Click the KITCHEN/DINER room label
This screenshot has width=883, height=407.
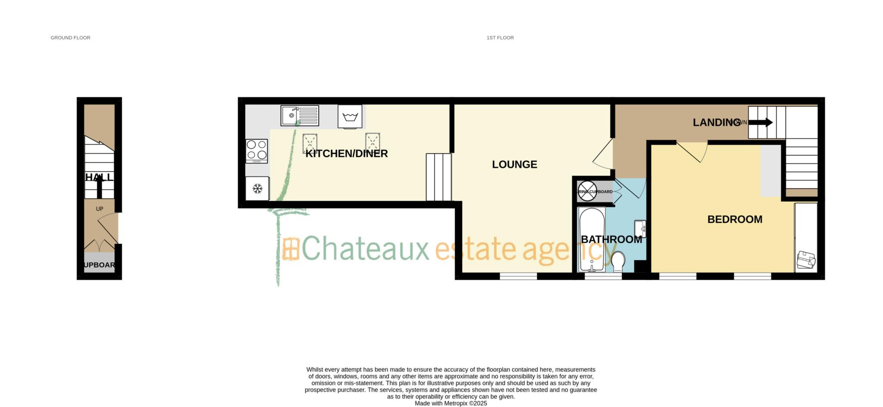(x=347, y=154)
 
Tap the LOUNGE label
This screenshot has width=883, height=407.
(x=514, y=164)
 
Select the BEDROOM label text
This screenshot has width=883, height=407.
(x=735, y=219)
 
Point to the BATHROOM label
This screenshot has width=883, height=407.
(x=611, y=240)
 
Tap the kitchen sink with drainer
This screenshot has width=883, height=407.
(x=300, y=116)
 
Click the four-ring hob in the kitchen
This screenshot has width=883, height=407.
(x=257, y=150)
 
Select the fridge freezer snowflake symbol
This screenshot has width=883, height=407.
(x=257, y=189)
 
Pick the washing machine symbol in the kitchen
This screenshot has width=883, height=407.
(x=350, y=117)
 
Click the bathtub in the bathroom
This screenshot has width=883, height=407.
(x=592, y=240)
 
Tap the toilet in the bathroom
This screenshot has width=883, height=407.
(x=618, y=261)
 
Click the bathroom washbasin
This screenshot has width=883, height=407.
(x=640, y=228)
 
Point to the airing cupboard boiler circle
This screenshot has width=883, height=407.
(x=587, y=191)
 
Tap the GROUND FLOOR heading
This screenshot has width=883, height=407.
(x=70, y=38)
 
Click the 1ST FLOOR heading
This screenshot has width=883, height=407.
(x=500, y=38)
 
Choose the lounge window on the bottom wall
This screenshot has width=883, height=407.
(x=518, y=276)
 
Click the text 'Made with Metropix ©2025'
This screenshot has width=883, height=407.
(x=451, y=403)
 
